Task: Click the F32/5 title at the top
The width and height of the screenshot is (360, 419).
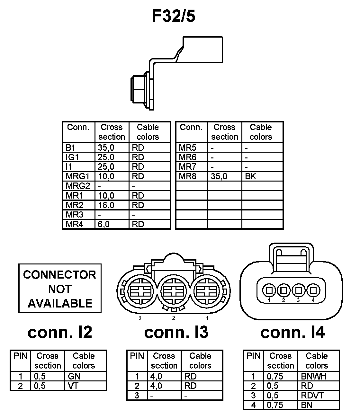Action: [174, 16]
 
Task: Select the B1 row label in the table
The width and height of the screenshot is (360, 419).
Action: [70, 147]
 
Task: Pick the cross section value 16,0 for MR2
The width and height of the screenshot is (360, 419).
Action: [106, 205]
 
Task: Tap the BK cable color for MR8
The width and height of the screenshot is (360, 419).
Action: [250, 176]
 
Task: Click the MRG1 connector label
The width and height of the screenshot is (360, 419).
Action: [77, 176]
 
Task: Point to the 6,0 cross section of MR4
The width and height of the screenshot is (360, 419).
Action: [104, 224]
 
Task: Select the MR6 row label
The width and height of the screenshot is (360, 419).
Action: [187, 157]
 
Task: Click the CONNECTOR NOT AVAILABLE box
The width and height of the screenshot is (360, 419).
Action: [60, 289]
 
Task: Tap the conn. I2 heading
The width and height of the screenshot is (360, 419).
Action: [60, 332]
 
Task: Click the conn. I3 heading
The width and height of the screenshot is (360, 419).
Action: [176, 332]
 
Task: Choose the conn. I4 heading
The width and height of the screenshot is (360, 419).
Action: [292, 332]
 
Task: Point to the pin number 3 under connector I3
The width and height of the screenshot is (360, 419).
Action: [140, 318]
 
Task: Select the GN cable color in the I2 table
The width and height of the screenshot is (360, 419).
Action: [74, 376]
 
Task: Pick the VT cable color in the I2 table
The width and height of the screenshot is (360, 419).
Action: [73, 386]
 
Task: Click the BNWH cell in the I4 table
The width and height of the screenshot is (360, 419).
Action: [314, 376]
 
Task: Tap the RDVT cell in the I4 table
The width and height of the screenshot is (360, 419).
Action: [312, 396]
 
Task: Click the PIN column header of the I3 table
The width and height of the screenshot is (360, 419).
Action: [137, 356]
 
